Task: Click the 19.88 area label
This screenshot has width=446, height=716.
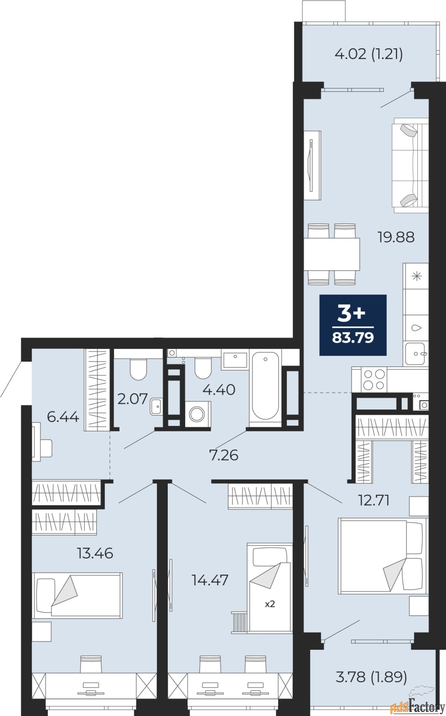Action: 396,237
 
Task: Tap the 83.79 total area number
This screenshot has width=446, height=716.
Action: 353,337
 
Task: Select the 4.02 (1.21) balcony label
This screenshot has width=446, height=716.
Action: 369,54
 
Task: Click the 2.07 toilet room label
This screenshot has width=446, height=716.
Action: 132,399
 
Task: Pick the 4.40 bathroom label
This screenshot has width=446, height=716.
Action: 219,390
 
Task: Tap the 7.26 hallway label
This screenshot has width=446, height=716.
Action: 224,455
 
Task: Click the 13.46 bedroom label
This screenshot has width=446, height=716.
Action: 95,553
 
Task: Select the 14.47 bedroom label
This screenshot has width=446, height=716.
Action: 210,580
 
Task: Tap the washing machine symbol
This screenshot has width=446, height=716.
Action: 195,415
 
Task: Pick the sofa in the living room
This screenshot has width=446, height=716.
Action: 410,165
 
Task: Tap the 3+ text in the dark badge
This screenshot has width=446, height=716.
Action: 352,314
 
